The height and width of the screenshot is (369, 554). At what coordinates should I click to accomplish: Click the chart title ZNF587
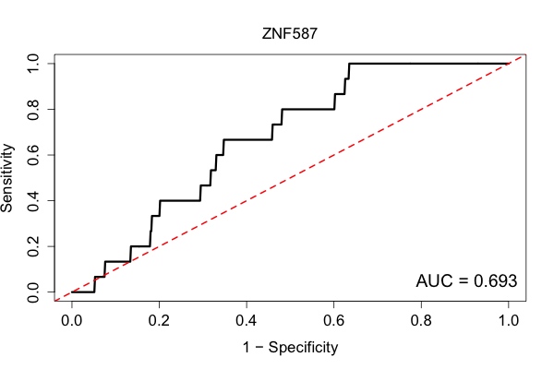[x=290, y=34]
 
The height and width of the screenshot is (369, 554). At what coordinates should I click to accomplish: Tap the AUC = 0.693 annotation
[x=466, y=281]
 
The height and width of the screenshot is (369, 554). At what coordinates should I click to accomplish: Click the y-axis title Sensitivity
[x=7, y=178]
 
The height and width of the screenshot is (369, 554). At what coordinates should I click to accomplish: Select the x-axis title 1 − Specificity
[x=290, y=348]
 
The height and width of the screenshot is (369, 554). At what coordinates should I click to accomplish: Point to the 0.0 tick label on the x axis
[x=72, y=321]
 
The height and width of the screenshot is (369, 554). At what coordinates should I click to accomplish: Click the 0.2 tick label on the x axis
[x=159, y=321]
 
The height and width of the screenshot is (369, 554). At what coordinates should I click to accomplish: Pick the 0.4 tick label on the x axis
[x=247, y=321]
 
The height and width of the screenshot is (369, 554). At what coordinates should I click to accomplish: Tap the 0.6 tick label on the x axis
[x=333, y=321]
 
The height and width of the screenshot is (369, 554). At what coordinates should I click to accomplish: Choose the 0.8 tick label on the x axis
[x=421, y=321]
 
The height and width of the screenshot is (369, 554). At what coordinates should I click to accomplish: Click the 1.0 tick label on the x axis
[x=509, y=321]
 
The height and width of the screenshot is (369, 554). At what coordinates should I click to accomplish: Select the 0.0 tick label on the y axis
[x=33, y=292]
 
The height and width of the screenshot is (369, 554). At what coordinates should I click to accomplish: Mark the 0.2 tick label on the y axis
[x=33, y=246]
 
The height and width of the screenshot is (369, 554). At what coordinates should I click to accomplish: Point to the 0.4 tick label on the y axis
[x=33, y=200]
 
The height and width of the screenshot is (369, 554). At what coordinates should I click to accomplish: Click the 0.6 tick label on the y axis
[x=33, y=155]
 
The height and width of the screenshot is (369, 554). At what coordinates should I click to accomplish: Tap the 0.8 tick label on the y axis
[x=33, y=109]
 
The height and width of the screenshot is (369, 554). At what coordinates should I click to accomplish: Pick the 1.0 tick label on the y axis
[x=33, y=64]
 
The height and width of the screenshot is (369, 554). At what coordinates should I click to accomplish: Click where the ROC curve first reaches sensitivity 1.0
[x=349, y=64]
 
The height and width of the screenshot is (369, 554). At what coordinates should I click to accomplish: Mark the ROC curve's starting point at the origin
[x=72, y=292]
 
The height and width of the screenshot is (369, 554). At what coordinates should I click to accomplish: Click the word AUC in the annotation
[x=434, y=281]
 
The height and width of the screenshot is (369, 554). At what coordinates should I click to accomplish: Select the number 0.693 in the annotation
[x=495, y=281]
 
